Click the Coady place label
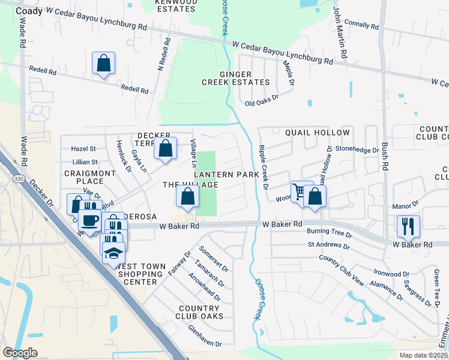[x=29, y=11]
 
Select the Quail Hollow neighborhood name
[x=317, y=132]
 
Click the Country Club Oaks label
[x=200, y=312]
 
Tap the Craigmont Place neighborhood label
[x=83, y=177]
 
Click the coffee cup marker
[x=90, y=220]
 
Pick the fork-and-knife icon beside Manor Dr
[x=408, y=226]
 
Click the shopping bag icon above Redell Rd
[x=104, y=63]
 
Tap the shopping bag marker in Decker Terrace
[x=166, y=148]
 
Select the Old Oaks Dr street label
[x=262, y=103]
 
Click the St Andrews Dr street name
[x=329, y=245]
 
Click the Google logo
[x=20, y=353]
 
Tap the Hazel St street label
[x=83, y=148]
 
